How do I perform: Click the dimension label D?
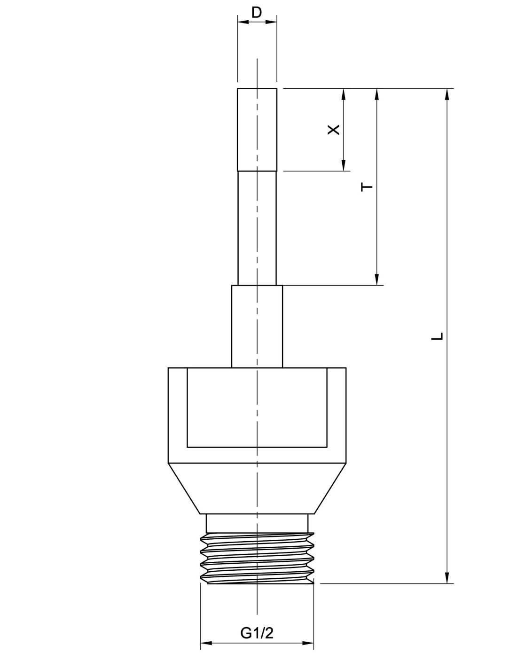(x=256, y=13)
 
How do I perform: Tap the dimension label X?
(x=333, y=130)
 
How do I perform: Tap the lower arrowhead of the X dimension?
(x=344, y=165)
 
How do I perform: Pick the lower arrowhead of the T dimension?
(x=377, y=280)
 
